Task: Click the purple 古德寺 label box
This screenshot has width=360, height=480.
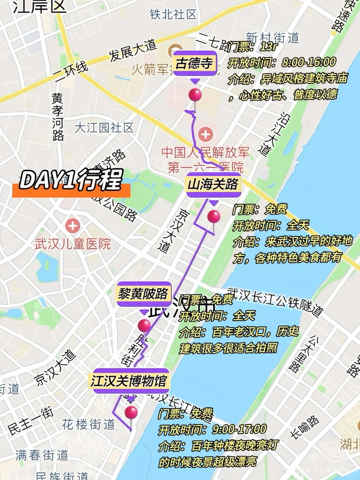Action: (194, 63)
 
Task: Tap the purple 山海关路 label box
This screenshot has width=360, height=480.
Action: (213, 184)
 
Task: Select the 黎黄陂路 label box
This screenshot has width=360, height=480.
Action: (144, 294)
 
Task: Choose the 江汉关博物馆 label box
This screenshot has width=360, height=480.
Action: (129, 381)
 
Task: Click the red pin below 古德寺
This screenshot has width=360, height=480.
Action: (195, 95)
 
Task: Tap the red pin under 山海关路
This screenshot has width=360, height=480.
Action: (214, 217)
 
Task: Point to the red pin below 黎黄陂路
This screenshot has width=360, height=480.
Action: (144, 325)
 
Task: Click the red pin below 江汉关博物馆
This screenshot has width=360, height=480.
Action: (131, 412)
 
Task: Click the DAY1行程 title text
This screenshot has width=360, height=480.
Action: (70, 181)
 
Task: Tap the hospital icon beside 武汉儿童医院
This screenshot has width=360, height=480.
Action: (72, 226)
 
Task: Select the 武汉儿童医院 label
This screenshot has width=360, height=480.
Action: (72, 244)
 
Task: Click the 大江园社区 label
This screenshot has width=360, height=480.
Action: (104, 127)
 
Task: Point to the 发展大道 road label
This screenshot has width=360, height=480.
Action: (132, 50)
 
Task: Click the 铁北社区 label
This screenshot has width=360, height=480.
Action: (173, 14)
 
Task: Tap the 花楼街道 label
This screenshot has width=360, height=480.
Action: (89, 424)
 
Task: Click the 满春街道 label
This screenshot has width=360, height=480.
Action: (41, 455)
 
